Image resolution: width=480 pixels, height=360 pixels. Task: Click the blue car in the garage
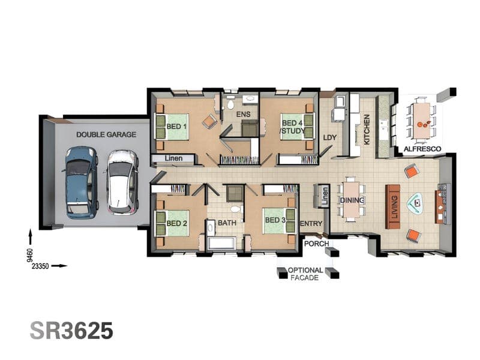click(82, 182)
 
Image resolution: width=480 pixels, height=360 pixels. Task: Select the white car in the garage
click(122, 182)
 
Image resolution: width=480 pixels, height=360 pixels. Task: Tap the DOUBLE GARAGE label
click(106, 134)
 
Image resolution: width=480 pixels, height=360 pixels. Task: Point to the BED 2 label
click(176, 223)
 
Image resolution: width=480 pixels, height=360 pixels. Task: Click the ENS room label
click(244, 115)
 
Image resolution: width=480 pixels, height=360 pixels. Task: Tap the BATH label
click(227, 223)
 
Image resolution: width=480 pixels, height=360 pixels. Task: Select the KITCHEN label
click(367, 130)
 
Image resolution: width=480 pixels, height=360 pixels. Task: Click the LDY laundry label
click(329, 138)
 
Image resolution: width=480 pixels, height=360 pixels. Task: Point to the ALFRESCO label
click(422, 149)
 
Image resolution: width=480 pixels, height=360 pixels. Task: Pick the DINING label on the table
click(352, 200)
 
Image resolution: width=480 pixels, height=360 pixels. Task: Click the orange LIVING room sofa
click(393, 206)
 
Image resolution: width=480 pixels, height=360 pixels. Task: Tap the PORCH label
click(317, 244)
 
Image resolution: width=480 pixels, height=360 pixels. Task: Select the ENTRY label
click(311, 224)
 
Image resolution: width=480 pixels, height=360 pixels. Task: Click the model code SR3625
click(71, 331)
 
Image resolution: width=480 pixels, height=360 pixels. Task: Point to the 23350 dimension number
click(40, 266)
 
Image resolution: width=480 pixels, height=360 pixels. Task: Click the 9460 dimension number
click(29, 255)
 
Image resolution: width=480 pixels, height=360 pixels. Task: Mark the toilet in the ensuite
click(230, 103)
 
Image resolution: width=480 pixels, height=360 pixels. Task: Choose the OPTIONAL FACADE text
click(305, 274)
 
